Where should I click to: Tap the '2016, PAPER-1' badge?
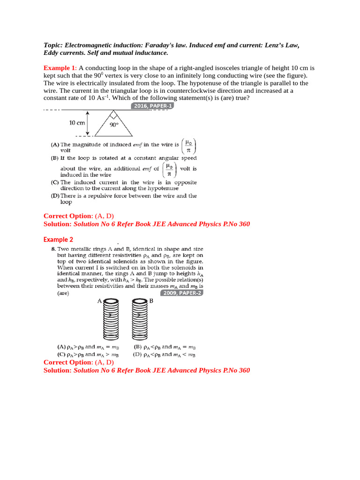[153, 106]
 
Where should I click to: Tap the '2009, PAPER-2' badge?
[180, 293]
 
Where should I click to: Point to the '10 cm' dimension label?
[77, 123]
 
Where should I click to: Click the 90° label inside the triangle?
[114, 125]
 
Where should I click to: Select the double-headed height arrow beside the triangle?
[88, 123]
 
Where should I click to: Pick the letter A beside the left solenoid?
[99, 301]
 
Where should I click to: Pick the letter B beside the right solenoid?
[151, 301]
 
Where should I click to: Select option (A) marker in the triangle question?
[55, 145]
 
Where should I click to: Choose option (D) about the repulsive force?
[55, 196]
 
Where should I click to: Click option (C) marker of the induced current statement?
[55, 182]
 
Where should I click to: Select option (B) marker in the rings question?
[138, 347]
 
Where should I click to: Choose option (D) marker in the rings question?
[138, 354]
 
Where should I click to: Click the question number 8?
[53, 249]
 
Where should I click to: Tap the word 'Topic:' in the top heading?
[53, 45]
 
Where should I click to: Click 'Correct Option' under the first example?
[68, 216]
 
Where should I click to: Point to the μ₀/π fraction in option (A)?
[188, 146]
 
